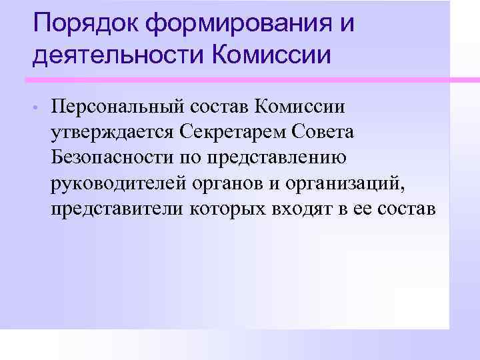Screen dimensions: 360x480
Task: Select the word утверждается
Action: (x=111, y=133)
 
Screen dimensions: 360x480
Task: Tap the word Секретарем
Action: (x=232, y=132)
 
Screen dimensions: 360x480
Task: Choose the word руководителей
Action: (x=115, y=183)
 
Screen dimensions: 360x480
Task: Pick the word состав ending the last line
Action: (x=406, y=209)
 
